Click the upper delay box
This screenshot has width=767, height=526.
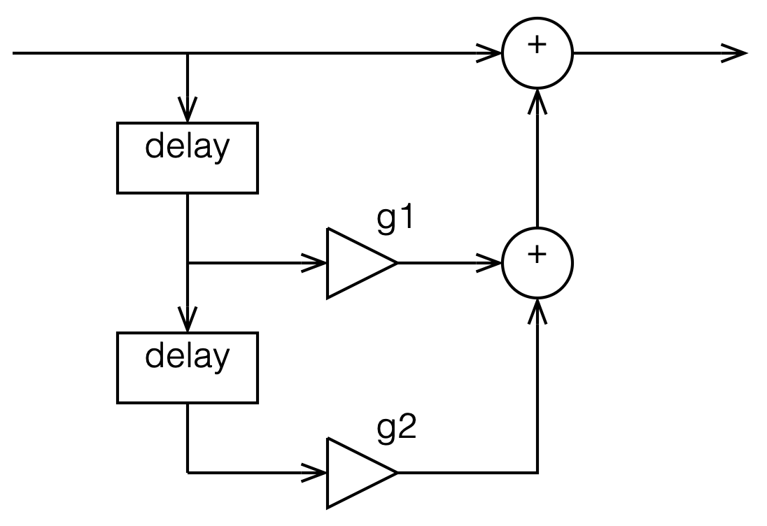(187, 157)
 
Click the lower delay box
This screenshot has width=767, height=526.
(187, 367)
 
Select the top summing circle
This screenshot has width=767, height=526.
(537, 52)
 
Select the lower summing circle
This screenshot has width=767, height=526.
(537, 263)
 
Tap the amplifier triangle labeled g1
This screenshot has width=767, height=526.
(357, 263)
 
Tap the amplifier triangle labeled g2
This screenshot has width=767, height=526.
(357, 473)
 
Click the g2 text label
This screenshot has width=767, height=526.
(397, 427)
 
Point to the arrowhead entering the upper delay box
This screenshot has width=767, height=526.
(187, 112)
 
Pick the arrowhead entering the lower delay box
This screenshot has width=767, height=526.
(187, 322)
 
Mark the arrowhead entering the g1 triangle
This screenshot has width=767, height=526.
(315, 263)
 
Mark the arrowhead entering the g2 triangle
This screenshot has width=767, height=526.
(315, 473)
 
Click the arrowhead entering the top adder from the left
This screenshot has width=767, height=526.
(491, 52)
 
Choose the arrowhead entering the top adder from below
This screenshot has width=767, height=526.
(537, 99)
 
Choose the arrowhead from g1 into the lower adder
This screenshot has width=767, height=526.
(491, 263)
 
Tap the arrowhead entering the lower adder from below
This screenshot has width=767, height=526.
(537, 310)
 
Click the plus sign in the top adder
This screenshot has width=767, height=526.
(537, 46)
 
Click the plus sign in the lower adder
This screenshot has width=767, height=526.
(537, 255)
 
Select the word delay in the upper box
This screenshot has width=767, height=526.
(187, 148)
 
